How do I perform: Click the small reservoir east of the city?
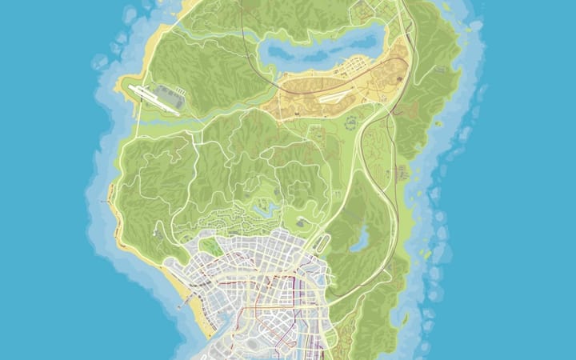point(359,238)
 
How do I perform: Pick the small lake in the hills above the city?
point(262,210)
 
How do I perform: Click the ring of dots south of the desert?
point(350,124)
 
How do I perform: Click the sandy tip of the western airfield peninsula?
point(128,85)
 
